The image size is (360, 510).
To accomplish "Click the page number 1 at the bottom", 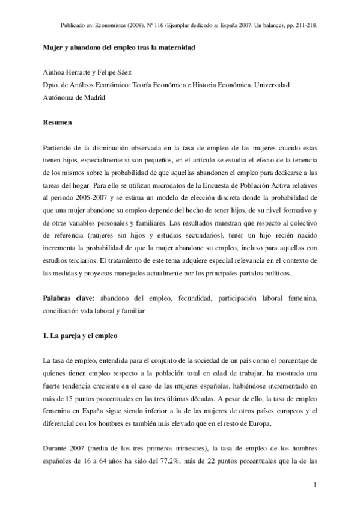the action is click(x=315, y=484).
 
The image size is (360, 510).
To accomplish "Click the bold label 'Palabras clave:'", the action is click(x=69, y=298).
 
